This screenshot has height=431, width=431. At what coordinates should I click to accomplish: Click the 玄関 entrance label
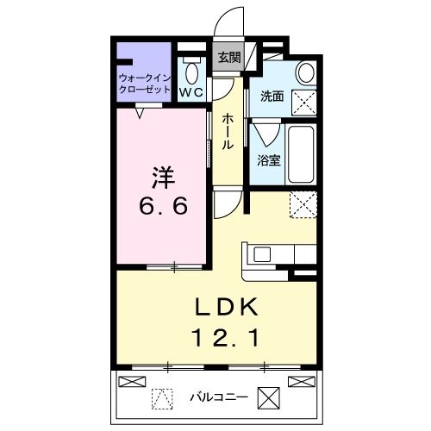click(228, 58)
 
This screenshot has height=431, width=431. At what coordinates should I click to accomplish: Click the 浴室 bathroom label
click(268, 159)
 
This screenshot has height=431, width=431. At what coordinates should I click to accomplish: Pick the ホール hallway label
click(228, 131)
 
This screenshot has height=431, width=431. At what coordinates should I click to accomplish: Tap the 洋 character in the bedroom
click(164, 177)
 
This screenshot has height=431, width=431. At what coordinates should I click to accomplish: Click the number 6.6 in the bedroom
click(164, 207)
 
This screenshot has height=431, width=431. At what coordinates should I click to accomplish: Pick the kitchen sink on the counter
click(261, 255)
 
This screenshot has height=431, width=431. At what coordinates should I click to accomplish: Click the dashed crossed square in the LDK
click(303, 205)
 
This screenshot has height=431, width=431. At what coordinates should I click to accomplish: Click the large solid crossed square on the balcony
click(270, 398)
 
